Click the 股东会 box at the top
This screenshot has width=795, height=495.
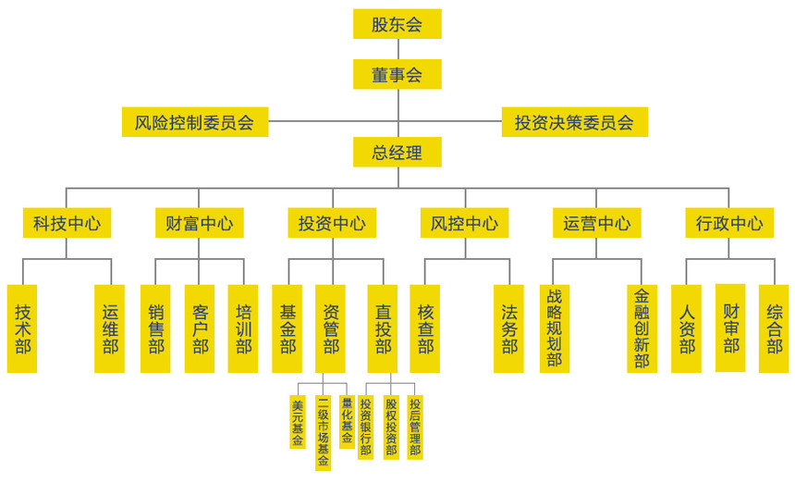(397, 24)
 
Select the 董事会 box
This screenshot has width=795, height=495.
(397, 74)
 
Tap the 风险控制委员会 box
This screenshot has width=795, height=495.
(194, 122)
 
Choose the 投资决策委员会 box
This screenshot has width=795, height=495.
(574, 122)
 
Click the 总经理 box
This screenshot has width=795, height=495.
(397, 153)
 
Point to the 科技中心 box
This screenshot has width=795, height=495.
(67, 223)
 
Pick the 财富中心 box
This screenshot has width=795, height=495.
(199, 223)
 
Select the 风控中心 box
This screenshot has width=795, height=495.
(464, 223)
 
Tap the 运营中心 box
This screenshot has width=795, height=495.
(596, 223)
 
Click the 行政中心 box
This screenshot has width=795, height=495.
(728, 223)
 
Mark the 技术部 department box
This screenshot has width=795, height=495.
(22, 328)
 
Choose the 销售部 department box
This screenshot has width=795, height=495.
(155, 328)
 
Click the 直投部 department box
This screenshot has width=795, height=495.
(382, 328)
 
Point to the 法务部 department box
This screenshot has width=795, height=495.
(508, 328)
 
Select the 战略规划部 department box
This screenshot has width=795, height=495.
(554, 328)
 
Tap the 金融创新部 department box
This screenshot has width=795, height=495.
(642, 328)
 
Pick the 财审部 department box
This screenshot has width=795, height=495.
(730, 328)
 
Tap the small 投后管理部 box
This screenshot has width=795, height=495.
(415, 427)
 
